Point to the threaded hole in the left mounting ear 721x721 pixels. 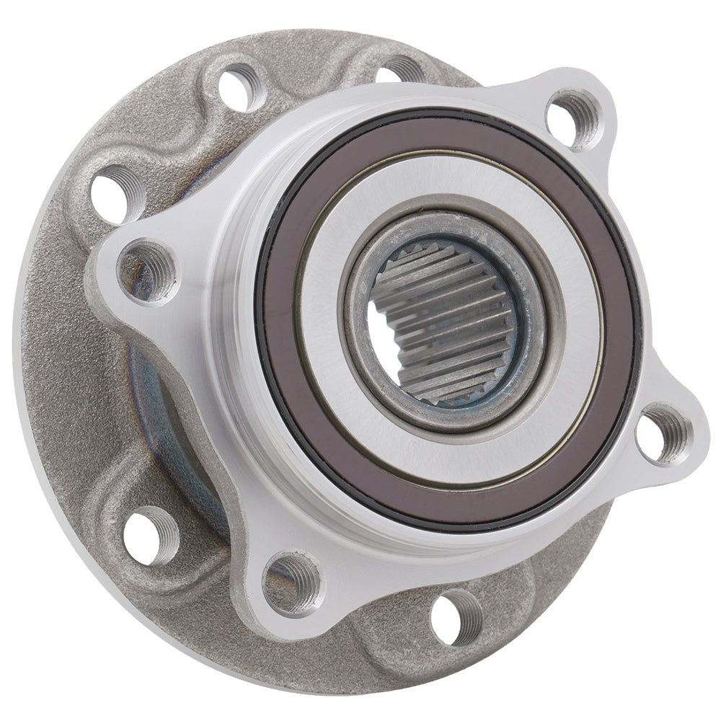[147, 271]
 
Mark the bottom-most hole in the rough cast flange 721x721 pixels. [457, 616]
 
